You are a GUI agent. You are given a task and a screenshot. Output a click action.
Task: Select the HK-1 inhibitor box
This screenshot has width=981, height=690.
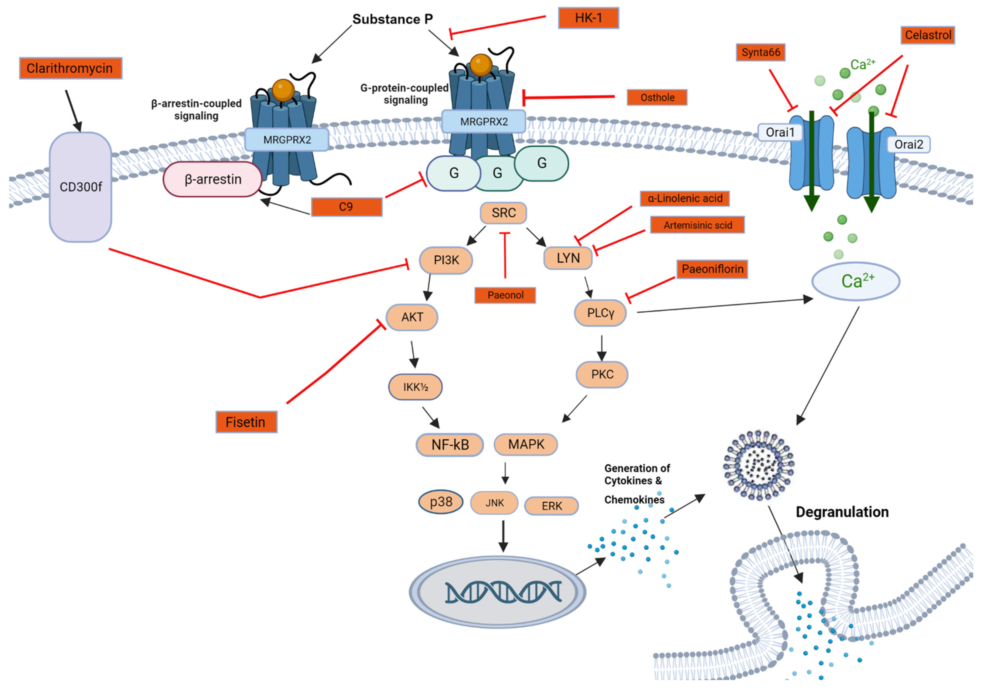[x=588, y=18]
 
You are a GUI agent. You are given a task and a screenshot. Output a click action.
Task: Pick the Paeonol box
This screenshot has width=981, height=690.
[x=505, y=295]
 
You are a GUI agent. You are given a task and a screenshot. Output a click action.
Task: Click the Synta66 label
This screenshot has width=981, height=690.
[x=760, y=52]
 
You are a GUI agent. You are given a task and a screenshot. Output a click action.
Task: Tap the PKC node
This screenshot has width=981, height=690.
[x=602, y=375]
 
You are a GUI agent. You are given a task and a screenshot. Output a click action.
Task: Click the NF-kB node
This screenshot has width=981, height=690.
[x=450, y=445]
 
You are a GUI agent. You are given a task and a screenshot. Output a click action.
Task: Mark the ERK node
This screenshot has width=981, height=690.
[x=552, y=506]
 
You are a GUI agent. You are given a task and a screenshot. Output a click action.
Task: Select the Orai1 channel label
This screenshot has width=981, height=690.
[x=780, y=132]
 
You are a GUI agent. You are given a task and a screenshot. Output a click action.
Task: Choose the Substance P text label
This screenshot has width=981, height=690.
[x=392, y=19]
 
